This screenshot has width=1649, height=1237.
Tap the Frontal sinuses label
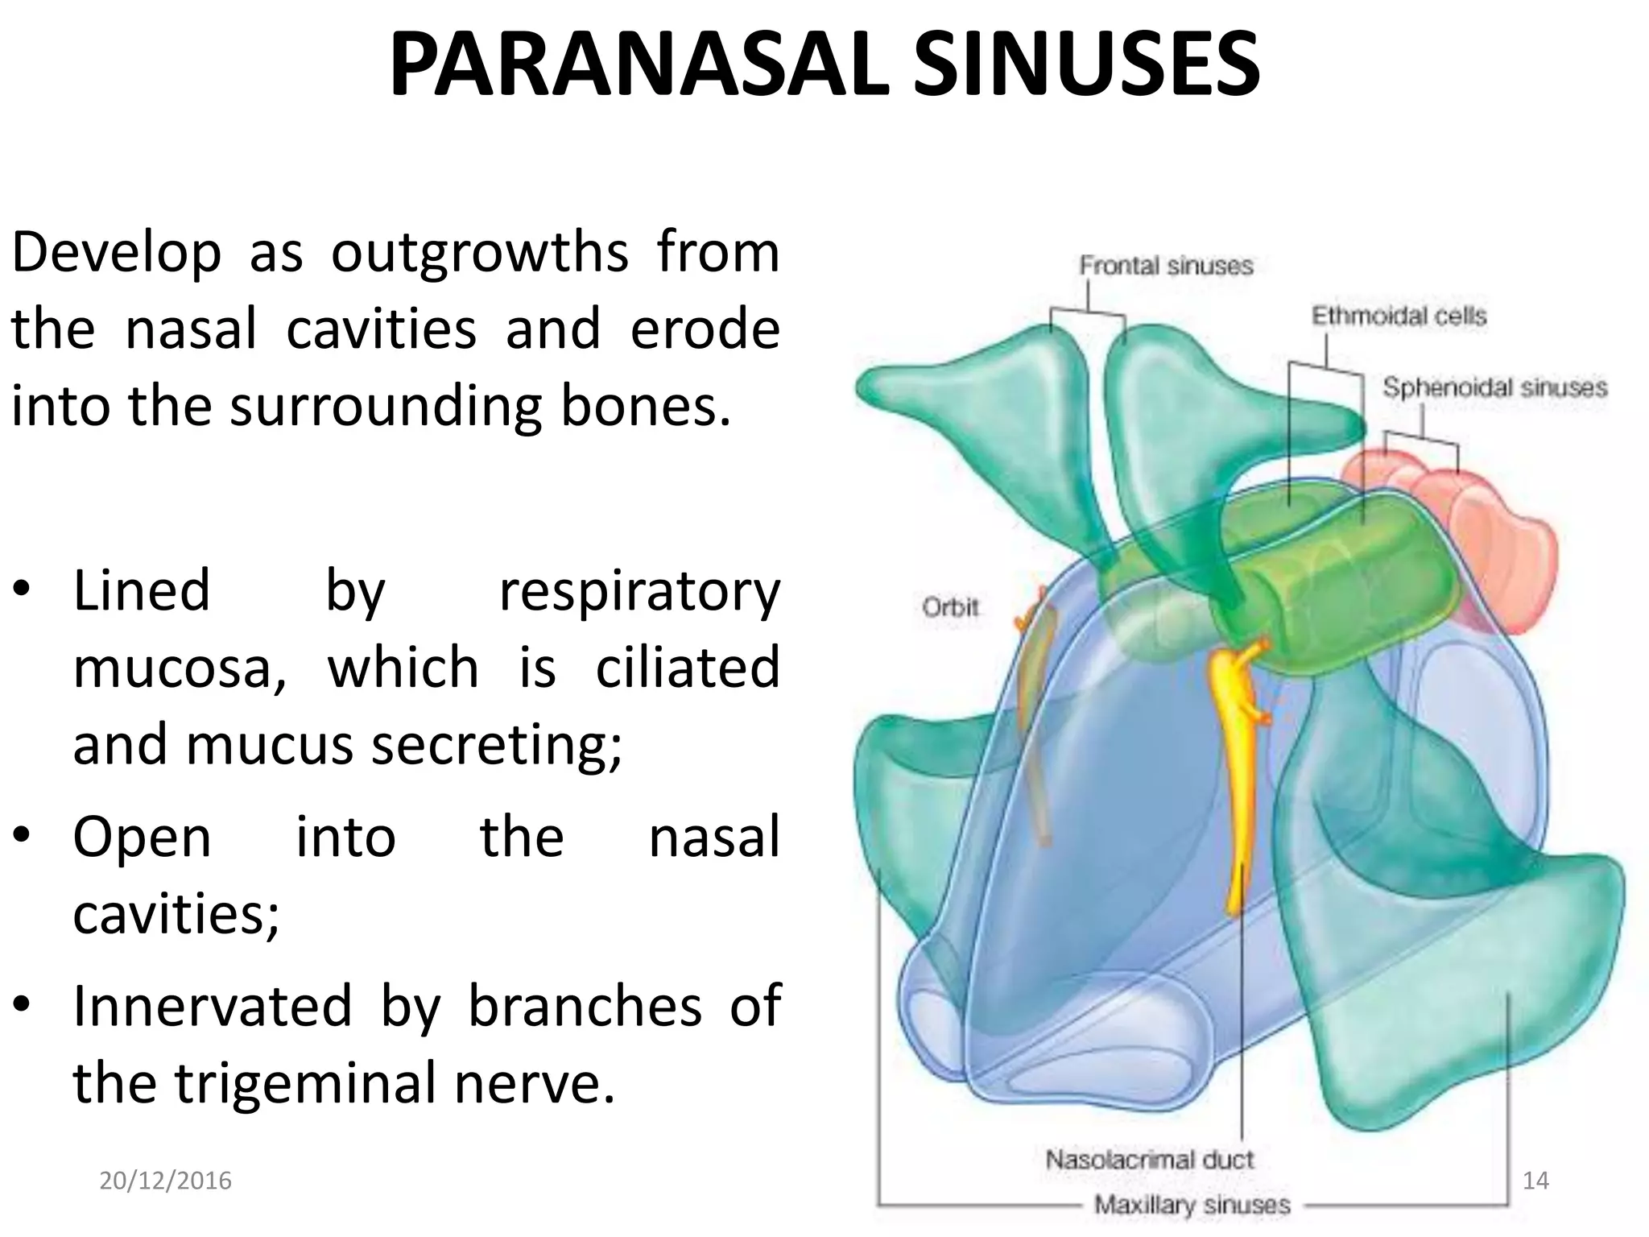coord(1166,266)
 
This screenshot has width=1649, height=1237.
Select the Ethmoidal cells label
coord(1399,316)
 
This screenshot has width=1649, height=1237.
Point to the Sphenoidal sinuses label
coord(1494,388)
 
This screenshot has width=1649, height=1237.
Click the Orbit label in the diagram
coord(950,606)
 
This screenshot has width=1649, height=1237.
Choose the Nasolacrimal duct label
coord(1150,1160)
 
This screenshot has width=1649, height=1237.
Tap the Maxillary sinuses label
coord(1192,1205)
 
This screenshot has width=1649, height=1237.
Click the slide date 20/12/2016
coord(165,1181)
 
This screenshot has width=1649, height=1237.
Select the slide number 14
coord(1535,1181)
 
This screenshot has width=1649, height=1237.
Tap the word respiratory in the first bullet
coord(639,592)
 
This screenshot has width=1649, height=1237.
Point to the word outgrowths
coord(480,253)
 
